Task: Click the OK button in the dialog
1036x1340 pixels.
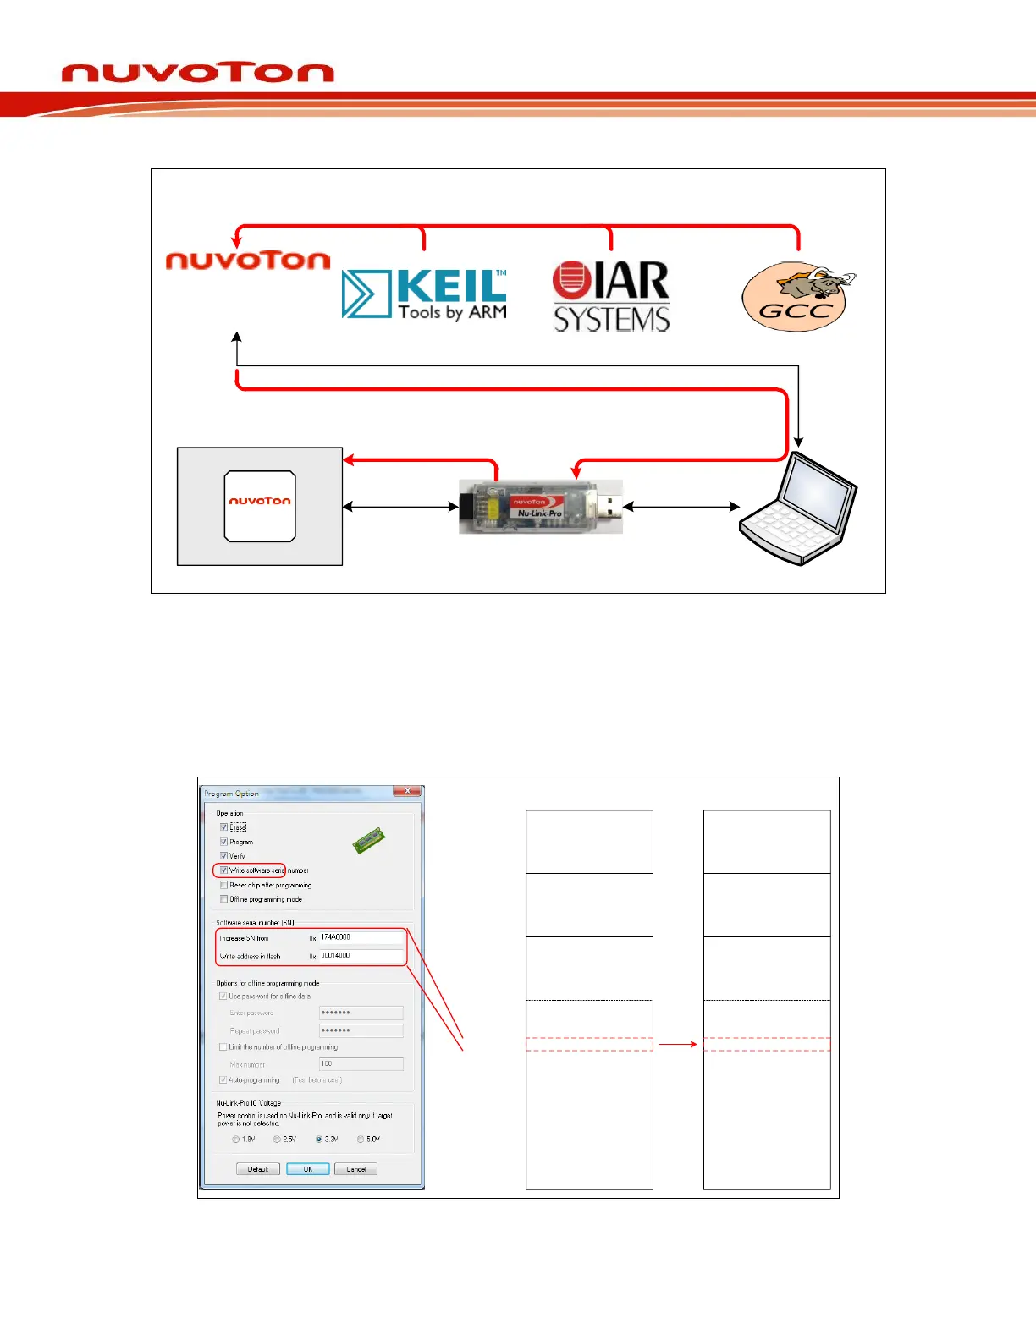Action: [x=307, y=1169]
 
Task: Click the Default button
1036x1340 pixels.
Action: [x=257, y=1169]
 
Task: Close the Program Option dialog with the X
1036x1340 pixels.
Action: [x=407, y=791]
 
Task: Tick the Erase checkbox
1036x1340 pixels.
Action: [x=224, y=827]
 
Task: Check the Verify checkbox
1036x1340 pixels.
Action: [x=224, y=856]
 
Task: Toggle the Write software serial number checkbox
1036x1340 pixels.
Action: [x=224, y=870]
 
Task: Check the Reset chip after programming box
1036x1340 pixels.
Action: [x=224, y=885]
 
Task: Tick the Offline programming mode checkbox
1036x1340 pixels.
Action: [x=224, y=899]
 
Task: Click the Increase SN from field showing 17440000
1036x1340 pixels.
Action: [x=361, y=937]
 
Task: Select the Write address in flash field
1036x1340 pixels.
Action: [x=361, y=956]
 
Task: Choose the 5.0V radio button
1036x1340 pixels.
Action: [x=361, y=1140]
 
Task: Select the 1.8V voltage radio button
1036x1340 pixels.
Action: [x=236, y=1140]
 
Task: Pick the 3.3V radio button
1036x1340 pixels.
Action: [x=319, y=1140]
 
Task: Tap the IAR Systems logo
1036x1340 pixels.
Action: [x=611, y=296]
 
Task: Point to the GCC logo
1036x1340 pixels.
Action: [x=796, y=298]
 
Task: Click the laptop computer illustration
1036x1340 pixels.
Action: [x=798, y=509]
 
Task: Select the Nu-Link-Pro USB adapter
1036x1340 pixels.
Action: [x=541, y=507]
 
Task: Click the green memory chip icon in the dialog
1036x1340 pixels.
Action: [x=369, y=841]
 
